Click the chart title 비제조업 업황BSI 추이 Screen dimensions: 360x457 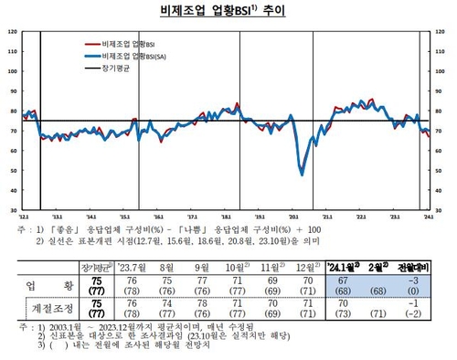point(228,12)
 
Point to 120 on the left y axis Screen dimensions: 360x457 point(10,32)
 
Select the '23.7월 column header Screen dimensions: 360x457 point(130,267)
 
